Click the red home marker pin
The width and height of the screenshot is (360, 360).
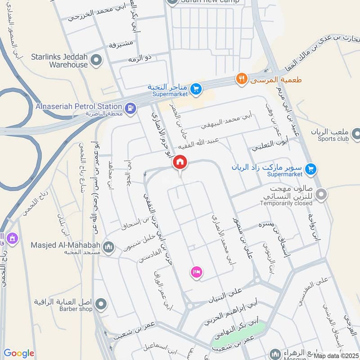[180, 162]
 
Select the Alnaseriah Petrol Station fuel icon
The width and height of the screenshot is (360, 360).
[130, 108]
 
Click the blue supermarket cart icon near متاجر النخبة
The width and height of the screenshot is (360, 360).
[195, 89]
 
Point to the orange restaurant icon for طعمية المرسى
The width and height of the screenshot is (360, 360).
[242, 79]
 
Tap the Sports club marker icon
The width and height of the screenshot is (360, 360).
[356, 133]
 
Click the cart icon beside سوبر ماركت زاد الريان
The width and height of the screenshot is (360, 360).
[310, 170]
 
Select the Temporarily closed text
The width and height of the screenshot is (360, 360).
[296, 203]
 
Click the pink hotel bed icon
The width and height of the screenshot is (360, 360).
[197, 272]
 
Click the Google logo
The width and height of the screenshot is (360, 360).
[19, 353]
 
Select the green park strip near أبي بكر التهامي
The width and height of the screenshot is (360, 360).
[238, 335]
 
